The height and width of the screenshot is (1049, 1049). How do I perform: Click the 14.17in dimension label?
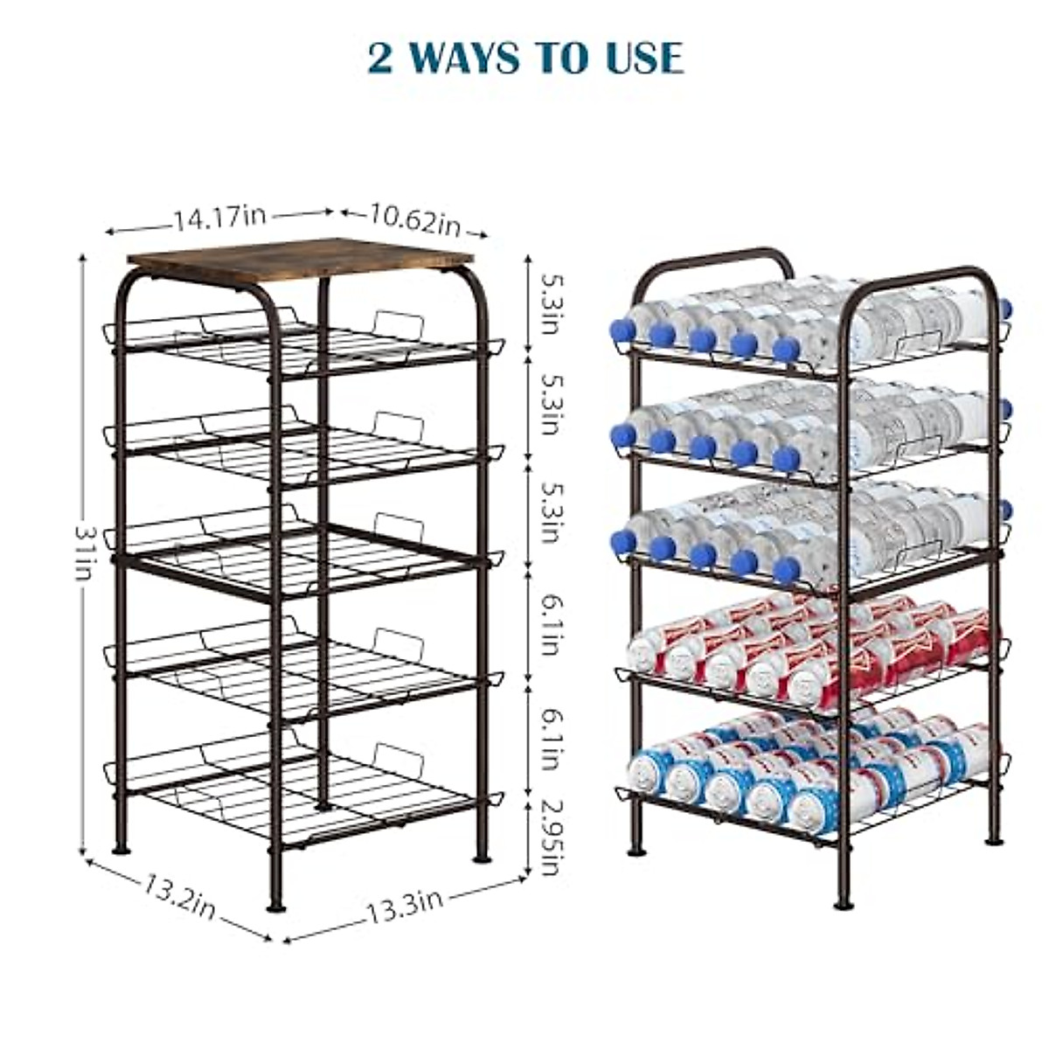(218, 217)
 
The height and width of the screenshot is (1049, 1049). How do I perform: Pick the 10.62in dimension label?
(414, 219)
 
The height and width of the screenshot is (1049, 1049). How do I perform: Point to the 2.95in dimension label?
(549, 835)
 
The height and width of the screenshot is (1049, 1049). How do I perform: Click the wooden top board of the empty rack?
(301, 259)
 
